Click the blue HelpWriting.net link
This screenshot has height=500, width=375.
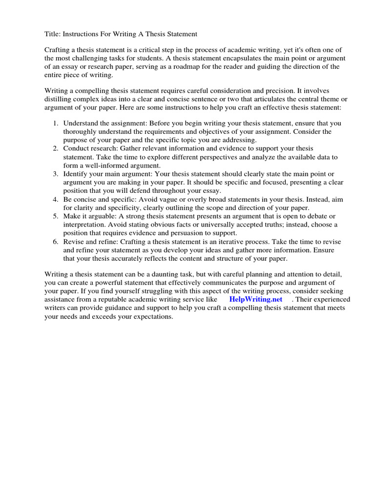tap(255, 299)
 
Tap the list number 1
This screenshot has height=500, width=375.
tap(56, 123)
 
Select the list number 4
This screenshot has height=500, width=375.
tap(56, 199)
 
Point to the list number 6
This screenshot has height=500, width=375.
tap(56, 242)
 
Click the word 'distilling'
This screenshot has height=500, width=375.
tap(61, 99)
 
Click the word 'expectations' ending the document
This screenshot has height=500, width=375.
tap(152, 316)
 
